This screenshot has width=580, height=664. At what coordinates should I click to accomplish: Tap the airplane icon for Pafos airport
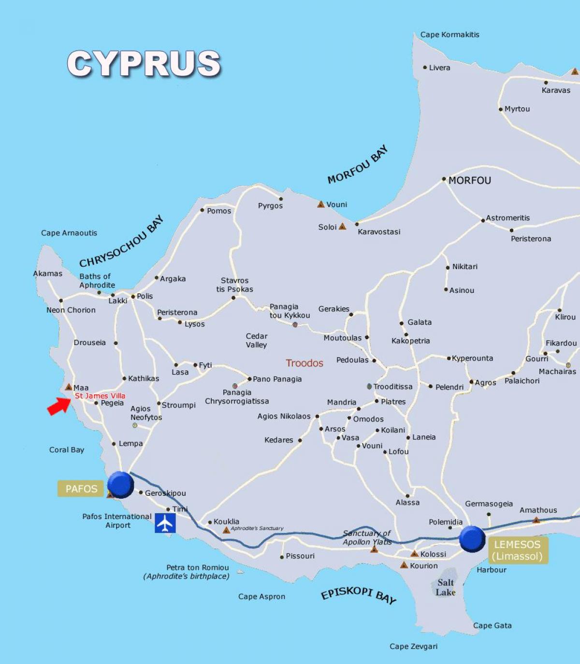tap(165, 523)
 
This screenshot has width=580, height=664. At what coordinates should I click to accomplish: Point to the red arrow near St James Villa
tap(58, 405)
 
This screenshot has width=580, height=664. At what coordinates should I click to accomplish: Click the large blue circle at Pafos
tap(120, 484)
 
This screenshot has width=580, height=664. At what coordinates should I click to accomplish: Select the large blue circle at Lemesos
tap(472, 539)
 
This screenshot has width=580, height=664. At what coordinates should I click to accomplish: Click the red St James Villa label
tap(100, 396)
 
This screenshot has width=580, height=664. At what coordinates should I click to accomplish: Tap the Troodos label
tap(304, 363)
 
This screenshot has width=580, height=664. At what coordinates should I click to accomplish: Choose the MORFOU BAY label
tap(358, 164)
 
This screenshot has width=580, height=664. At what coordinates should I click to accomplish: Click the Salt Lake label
tap(446, 587)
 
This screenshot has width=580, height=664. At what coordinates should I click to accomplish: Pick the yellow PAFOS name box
tap(81, 489)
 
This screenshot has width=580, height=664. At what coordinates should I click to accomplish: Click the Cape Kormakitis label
tap(449, 34)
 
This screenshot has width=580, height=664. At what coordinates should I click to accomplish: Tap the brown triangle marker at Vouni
tap(320, 204)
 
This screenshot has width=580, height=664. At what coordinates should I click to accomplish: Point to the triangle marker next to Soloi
tap(342, 226)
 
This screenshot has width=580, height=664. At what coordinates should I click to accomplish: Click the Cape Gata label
tap(492, 625)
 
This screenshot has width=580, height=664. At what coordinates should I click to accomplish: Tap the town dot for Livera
tap(425, 67)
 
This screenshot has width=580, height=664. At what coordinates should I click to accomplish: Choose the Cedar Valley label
tap(256, 340)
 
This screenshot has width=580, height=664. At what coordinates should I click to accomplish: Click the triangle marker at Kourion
tap(404, 565)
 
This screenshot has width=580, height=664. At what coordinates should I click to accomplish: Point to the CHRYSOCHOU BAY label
tap(121, 242)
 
